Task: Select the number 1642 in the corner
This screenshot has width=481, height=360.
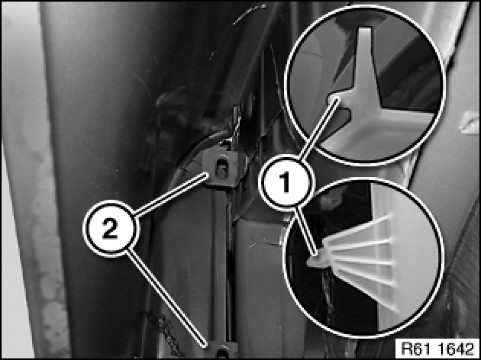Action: click(x=455, y=348)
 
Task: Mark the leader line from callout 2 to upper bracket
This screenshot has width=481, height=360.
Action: click(x=171, y=194)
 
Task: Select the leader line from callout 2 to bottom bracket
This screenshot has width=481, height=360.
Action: click(x=166, y=298)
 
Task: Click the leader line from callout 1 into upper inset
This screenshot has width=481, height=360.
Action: click(x=319, y=128)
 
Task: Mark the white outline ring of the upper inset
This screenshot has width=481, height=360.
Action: click(x=365, y=6)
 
